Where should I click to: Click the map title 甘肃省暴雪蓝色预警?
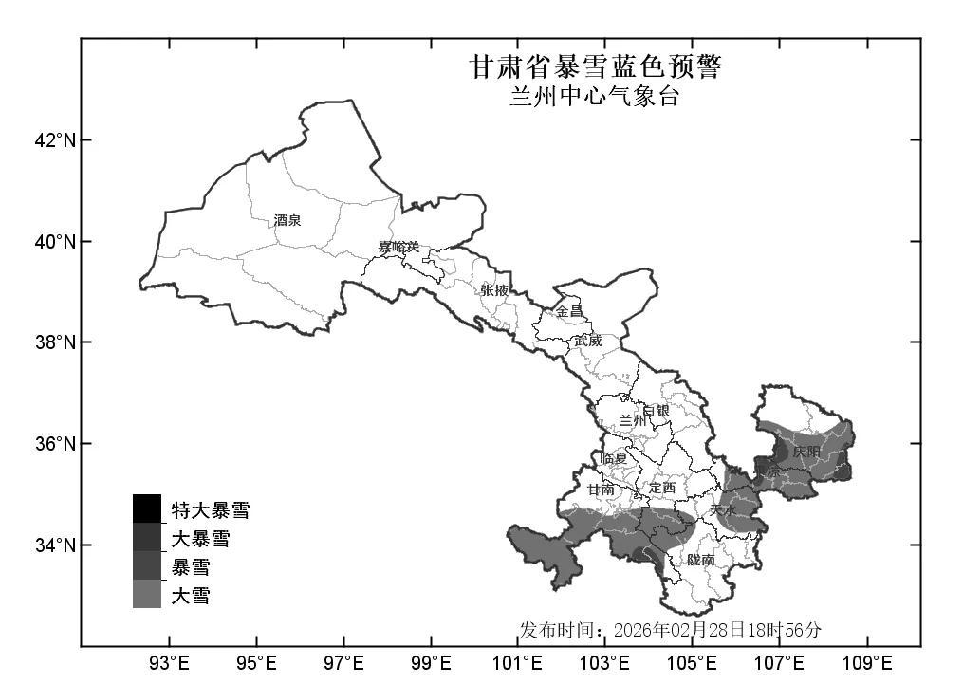[595, 67]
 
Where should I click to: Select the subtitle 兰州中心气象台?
[594, 97]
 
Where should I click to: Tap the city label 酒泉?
[287, 220]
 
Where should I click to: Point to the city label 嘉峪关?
[398, 248]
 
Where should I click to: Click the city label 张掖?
[494, 290]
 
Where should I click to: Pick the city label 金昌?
[569, 311]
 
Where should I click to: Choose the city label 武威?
[587, 340]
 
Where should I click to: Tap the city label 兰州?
[633, 420]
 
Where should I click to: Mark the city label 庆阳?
[806, 452]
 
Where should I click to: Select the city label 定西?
[662, 488]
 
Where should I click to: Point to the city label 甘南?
[601, 490]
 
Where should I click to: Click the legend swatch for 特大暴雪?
[147, 509]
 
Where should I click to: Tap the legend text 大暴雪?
[200, 540]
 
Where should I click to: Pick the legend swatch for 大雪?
[147, 595]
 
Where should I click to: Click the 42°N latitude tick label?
[55, 140]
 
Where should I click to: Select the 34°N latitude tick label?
[55, 545]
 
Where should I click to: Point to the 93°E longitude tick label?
[170, 661]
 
